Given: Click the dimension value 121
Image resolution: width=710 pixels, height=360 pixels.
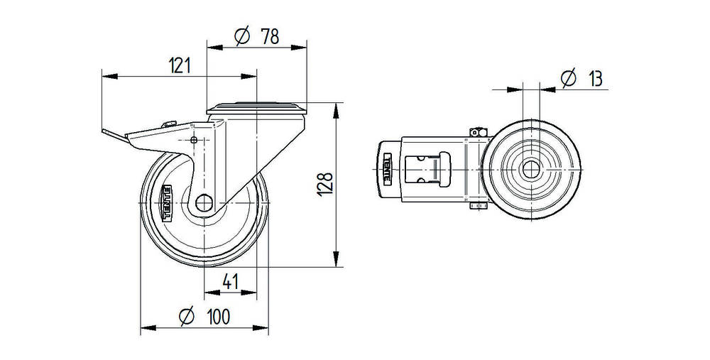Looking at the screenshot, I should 180,66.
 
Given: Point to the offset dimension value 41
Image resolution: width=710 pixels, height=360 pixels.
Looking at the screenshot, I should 229,282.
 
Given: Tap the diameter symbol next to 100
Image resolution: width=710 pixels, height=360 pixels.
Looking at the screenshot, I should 186,317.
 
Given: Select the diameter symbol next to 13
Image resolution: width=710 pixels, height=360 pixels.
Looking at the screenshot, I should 567,79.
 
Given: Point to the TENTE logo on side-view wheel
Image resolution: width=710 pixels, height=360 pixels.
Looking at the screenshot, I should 169,202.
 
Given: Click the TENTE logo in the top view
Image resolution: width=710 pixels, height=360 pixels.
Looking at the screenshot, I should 388,169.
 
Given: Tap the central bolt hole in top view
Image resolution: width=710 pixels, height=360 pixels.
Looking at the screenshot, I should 530,170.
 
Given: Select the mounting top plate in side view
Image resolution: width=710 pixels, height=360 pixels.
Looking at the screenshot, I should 257,109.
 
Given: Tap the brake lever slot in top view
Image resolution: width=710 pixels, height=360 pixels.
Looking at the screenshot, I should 419,170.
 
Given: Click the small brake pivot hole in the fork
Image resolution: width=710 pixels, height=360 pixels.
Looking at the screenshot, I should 194,141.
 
